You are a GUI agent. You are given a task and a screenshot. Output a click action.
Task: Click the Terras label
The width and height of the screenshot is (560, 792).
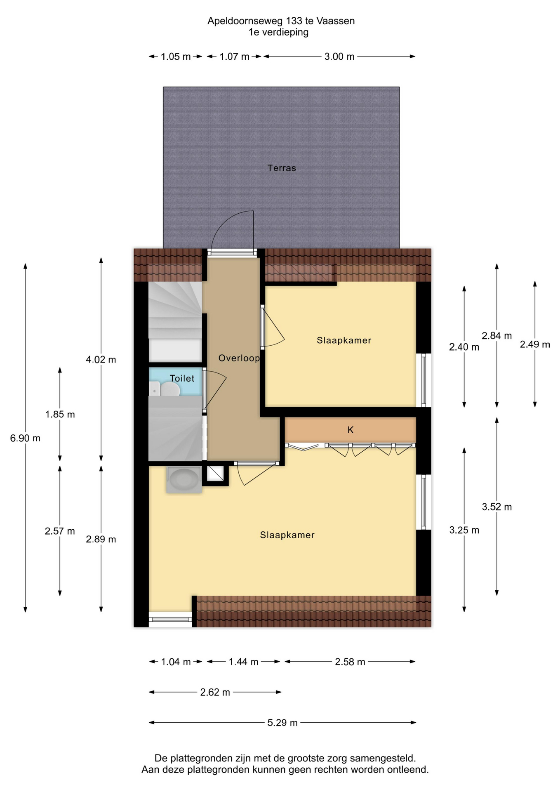tap(282, 168)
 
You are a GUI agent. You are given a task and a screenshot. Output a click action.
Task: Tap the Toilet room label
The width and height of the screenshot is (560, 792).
tap(182, 378)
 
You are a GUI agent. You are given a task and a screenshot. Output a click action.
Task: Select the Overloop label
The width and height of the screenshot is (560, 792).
tap(239, 358)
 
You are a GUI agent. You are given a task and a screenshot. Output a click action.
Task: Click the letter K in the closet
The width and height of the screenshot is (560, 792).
tap(351, 430)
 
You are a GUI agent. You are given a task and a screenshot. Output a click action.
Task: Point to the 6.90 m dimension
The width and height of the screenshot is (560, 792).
tap(25, 438)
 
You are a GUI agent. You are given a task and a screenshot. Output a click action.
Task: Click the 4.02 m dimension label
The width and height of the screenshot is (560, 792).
tap(101, 360)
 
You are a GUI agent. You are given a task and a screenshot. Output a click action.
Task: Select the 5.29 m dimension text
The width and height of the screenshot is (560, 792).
tap(282, 723)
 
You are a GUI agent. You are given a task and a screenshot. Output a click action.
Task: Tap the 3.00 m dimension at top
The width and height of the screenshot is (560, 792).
tap(339, 57)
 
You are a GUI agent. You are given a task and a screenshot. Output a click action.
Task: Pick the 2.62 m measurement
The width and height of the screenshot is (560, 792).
tap(215, 692)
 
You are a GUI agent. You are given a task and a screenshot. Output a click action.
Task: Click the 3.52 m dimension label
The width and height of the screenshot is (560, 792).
tap(497, 507)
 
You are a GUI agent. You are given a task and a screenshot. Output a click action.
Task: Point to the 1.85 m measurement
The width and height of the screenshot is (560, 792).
tap(60, 414)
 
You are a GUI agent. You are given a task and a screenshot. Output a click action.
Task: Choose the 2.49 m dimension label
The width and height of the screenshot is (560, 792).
tap(535, 344)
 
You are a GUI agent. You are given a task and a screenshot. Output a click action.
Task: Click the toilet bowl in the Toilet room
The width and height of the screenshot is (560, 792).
tap(169, 389)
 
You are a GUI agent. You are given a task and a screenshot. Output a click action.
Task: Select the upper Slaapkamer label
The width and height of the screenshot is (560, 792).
tap(344, 340)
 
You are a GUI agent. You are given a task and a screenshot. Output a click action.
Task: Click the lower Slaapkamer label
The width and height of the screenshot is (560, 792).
tap(287, 535)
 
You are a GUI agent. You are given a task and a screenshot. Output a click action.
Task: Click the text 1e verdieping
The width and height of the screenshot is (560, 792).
tap(278, 32)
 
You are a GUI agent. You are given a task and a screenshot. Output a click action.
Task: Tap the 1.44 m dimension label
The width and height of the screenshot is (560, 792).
tap(243, 662)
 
